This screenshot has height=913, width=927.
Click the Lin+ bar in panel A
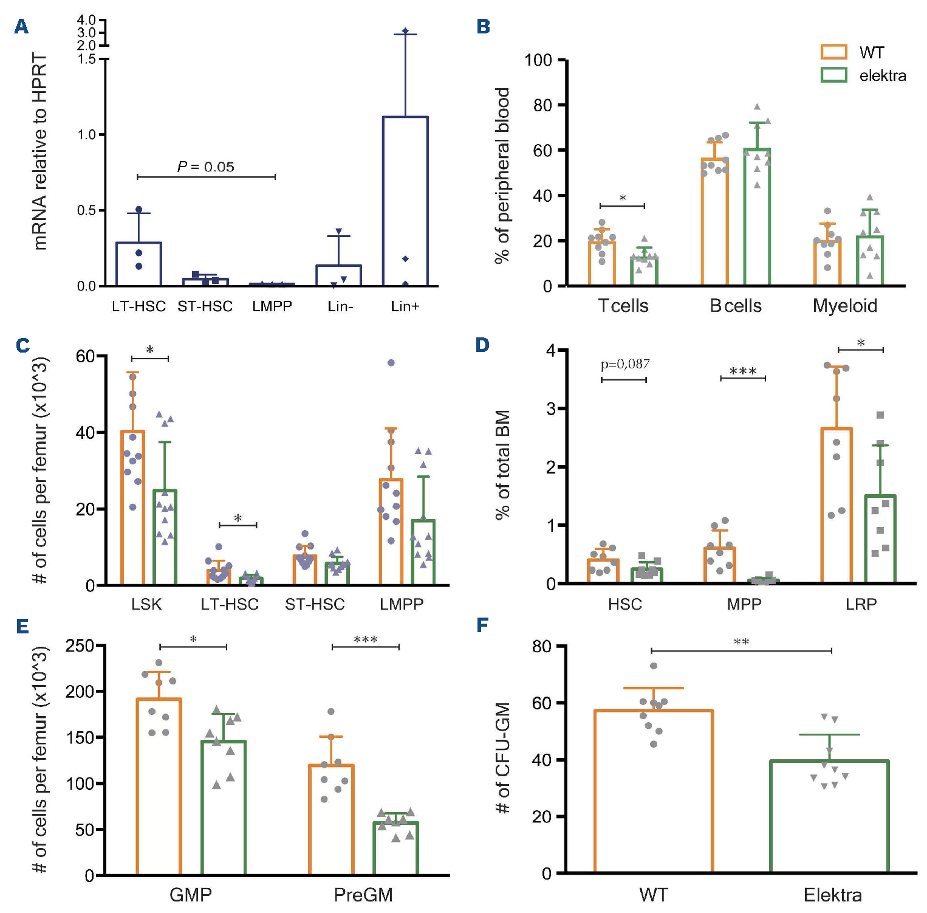coord(405,201)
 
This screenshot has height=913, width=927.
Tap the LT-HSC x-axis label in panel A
coord(139,306)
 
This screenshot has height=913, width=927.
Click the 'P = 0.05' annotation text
coord(205,167)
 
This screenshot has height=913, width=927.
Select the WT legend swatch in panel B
coord(833,52)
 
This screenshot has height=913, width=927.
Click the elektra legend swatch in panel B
coord(833,75)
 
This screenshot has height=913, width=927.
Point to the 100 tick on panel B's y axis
coord(538,60)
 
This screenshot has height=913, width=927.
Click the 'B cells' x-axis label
coord(736,306)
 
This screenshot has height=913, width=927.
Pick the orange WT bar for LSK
coord(132,508)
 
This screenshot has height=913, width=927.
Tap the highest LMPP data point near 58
coord(391,363)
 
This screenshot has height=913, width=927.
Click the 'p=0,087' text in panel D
coord(625,364)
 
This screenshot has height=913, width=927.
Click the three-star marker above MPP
coord(743,371)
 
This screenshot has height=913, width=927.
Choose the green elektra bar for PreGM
coord(395,849)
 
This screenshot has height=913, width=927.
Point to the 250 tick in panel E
coord(80,646)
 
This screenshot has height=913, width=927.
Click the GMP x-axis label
coord(191,895)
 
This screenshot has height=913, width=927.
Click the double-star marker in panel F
coord(741,643)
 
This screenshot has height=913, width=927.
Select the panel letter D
coord(482,345)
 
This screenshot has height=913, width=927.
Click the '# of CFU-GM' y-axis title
coord(502,758)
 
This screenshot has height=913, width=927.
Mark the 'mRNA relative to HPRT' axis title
coord(40,152)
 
